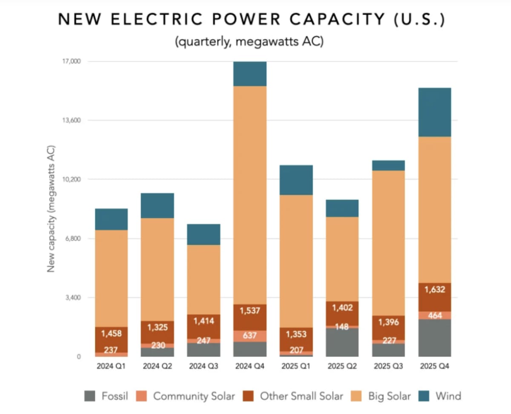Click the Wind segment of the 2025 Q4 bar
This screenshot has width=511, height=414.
point(434,112)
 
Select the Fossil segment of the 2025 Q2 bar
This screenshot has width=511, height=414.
point(342,342)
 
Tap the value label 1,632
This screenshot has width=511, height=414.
point(434,290)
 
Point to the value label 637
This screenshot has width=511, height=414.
point(250,336)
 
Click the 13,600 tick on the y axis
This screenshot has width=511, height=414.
point(71,120)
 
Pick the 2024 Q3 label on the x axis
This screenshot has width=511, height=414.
point(204,366)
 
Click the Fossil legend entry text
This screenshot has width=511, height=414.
point(115,396)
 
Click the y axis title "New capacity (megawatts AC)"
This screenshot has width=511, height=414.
point(52,209)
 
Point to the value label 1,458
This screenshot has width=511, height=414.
point(111,333)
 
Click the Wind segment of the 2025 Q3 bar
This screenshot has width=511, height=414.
point(388,165)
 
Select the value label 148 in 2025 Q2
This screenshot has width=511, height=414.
point(342,327)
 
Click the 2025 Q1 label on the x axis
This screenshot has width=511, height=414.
point(296,366)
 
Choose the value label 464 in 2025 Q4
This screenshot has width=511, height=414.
point(434,316)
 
